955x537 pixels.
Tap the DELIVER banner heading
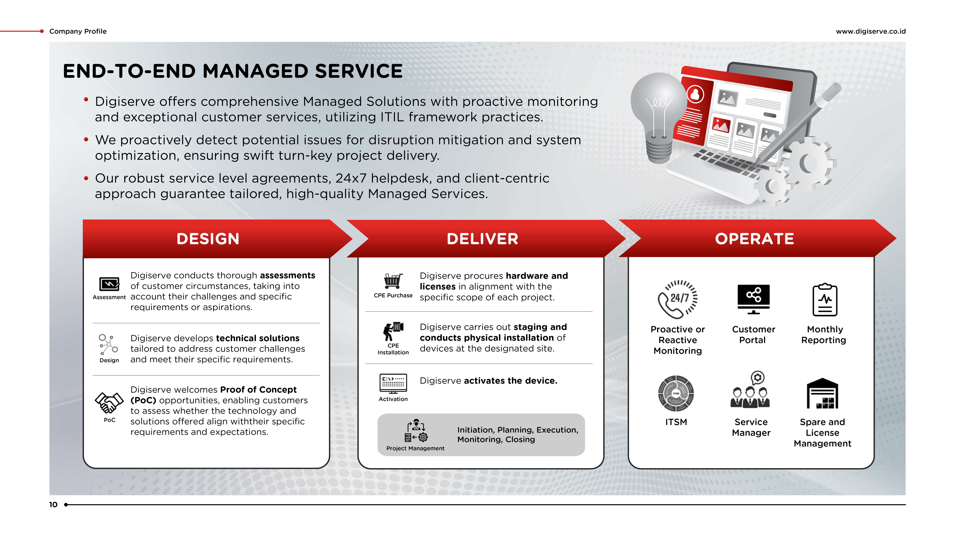[482, 239]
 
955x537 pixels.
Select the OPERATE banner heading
[754, 239]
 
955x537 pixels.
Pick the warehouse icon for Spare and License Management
[822, 393]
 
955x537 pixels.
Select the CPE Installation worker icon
[393, 331]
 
